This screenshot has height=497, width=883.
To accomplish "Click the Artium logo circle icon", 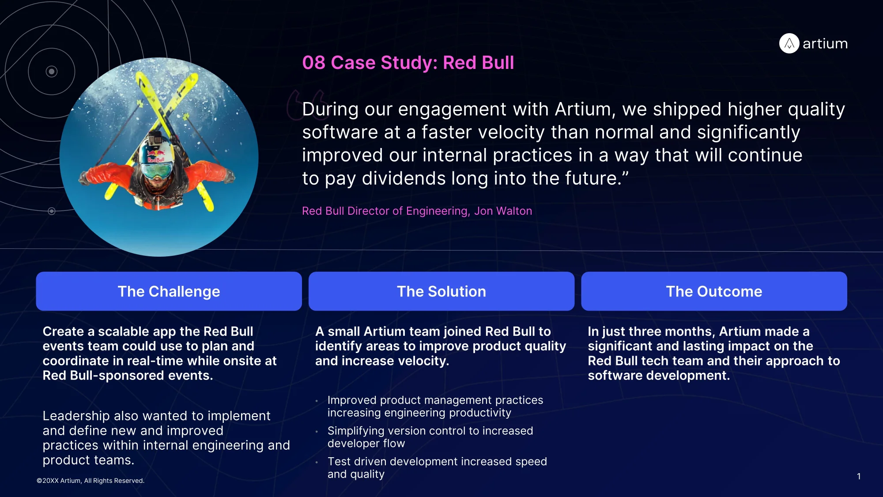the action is tap(789, 43).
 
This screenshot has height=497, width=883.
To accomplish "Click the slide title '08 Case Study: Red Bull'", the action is tap(408, 63).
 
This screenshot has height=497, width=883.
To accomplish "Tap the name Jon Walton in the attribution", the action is tap(503, 211).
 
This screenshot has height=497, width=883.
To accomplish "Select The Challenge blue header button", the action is tap(169, 291).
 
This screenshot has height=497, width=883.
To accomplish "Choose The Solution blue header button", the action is tap(441, 291).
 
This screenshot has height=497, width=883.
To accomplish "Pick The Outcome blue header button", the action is tap(714, 291).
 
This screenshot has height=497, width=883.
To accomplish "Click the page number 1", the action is tap(859, 476).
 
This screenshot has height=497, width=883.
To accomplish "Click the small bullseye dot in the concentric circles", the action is tap(52, 72).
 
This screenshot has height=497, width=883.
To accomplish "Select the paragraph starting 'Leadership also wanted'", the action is tap(166, 438).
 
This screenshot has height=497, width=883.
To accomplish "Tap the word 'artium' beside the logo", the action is tap(825, 44).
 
